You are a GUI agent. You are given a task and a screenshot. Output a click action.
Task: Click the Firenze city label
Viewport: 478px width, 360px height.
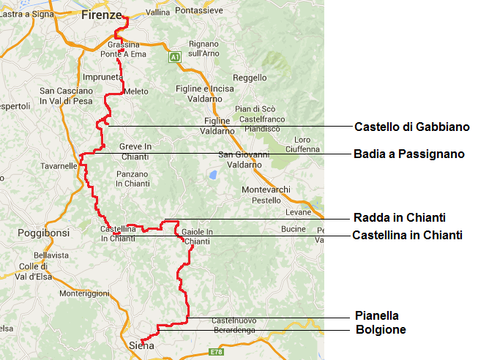click(101, 14)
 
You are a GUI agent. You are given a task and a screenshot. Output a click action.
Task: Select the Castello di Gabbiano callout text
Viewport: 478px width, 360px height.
click(411, 127)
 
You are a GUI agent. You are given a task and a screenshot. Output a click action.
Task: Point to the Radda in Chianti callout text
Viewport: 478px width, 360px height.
click(399, 218)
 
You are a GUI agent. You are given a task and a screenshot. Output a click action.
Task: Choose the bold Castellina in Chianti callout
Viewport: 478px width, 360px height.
click(407, 235)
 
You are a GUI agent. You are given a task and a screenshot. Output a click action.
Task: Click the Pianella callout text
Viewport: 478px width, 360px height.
click(376, 316)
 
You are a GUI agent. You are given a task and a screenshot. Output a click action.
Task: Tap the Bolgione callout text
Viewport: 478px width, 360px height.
click(380, 330)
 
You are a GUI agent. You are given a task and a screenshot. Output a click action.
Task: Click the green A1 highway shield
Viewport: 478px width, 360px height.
click(174, 56)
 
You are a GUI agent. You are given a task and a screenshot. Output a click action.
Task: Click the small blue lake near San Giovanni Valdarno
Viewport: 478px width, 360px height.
click(212, 175)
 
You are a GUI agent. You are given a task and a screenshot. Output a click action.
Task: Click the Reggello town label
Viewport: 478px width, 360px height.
click(250, 78)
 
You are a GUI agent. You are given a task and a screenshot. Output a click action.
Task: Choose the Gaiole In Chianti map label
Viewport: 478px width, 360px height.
click(197, 236)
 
